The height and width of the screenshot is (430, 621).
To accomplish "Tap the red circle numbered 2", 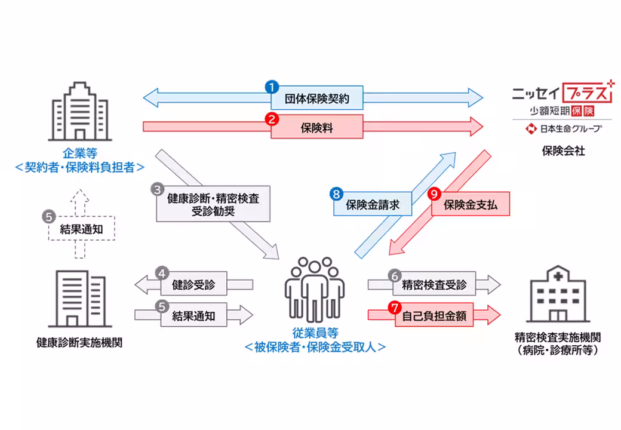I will coord(272,118).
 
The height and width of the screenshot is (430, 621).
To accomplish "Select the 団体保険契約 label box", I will coord(316,97).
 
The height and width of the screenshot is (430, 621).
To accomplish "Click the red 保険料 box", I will coord(316,127).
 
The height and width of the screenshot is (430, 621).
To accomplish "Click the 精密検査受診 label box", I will coord(434,284).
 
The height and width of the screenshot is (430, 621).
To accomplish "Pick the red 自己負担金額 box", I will coord(434,315).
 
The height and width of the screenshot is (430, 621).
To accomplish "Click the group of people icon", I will coord(315,289).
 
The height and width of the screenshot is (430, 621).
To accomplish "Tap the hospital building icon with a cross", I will coord(558,296).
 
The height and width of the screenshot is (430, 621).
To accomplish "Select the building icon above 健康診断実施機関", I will coord(79,298).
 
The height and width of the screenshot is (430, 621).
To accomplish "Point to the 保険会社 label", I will coord(563,151).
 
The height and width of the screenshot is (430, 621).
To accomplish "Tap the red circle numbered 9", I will coord(435,194).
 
